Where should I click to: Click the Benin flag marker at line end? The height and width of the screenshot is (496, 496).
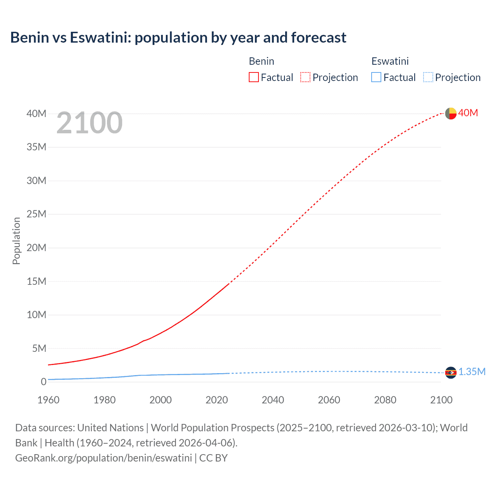pyautogui.click(x=451, y=113)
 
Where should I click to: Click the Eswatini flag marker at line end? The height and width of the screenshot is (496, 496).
pyautogui.click(x=451, y=372)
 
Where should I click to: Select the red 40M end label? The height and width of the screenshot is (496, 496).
pyautogui.click(x=468, y=113)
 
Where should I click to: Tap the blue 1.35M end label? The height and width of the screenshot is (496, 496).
pyautogui.click(x=472, y=372)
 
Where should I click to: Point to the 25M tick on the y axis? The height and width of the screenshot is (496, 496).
pyautogui.click(x=36, y=214)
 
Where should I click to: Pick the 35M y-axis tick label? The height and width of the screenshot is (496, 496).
pyautogui.click(x=36, y=147)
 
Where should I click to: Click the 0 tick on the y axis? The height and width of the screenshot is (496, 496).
pyautogui.click(x=43, y=382)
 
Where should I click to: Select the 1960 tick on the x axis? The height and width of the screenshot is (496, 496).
pyautogui.click(x=48, y=400)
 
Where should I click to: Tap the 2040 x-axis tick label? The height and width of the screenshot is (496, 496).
pyautogui.click(x=273, y=400)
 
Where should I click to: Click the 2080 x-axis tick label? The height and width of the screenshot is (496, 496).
pyautogui.click(x=385, y=400)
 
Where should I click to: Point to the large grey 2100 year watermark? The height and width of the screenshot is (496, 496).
pyautogui.click(x=90, y=123)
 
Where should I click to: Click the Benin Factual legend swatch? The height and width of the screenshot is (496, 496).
pyautogui.click(x=253, y=77)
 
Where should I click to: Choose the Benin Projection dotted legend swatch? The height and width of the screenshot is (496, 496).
pyautogui.click(x=305, y=77)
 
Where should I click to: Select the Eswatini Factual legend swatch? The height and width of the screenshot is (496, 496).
pyautogui.click(x=376, y=77)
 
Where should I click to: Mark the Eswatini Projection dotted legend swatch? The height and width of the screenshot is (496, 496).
pyautogui.click(x=428, y=77)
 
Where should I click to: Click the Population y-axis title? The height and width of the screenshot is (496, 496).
pyautogui.click(x=16, y=241)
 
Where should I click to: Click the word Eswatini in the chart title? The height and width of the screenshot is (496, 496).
pyautogui.click(x=99, y=38)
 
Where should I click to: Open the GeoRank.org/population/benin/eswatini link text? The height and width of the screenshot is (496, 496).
pyautogui.click(x=103, y=458)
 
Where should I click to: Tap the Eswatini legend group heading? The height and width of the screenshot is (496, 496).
pyautogui.click(x=390, y=61)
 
